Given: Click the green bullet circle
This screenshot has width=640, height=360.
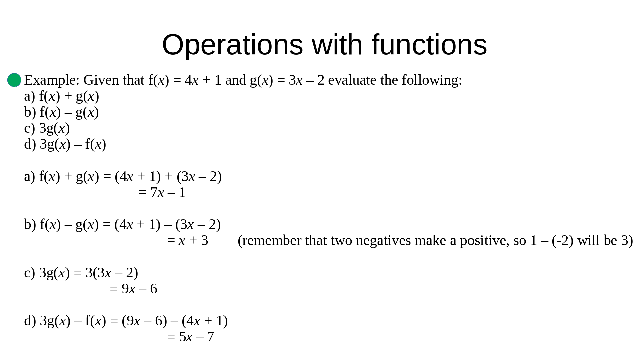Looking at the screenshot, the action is (x=14, y=80).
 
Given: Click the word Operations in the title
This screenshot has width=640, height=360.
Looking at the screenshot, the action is (x=232, y=45).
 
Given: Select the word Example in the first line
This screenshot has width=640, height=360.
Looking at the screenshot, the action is (x=50, y=80).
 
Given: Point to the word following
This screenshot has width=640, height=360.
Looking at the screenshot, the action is (x=432, y=80).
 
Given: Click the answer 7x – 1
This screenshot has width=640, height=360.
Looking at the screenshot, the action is (x=168, y=193).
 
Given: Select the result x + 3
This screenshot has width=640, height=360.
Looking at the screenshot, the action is (x=193, y=241).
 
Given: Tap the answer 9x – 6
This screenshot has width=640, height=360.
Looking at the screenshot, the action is (x=139, y=289).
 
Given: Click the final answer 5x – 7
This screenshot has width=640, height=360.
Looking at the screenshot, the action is (x=197, y=337).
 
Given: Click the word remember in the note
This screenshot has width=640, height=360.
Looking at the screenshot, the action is (x=270, y=241).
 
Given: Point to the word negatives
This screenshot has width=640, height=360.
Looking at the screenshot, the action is (x=383, y=241).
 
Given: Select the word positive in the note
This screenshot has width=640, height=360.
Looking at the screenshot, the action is (x=484, y=241).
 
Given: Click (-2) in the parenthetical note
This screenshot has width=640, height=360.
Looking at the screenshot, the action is (x=563, y=241).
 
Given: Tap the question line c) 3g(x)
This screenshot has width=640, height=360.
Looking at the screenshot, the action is (x=47, y=128).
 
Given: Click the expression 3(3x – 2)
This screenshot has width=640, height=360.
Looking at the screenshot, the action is (x=112, y=273).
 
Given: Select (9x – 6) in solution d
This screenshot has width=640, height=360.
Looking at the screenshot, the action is (x=144, y=321).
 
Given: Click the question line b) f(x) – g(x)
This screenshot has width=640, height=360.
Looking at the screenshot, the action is (x=62, y=113).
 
